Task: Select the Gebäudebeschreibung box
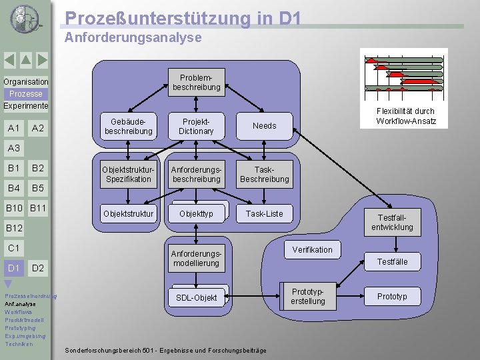128,126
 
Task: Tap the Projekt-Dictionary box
196,126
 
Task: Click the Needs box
264,126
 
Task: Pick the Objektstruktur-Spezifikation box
128,174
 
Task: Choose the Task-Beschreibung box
264,174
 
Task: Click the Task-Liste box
264,214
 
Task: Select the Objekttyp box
197,214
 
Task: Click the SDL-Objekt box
196,297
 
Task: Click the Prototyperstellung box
307,297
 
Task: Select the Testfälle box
392,262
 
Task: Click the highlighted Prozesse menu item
25,94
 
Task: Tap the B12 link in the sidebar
14,229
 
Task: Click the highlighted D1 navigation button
13,268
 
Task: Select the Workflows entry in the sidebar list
18,312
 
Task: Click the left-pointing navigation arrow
9,60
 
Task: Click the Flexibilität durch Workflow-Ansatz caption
405,116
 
